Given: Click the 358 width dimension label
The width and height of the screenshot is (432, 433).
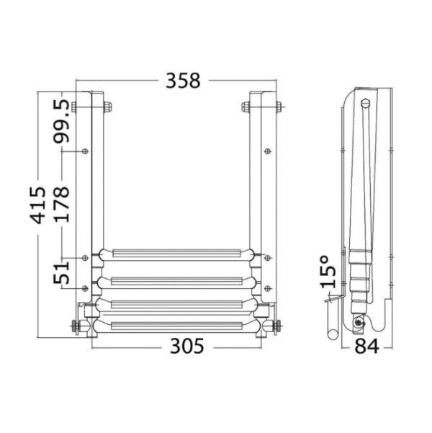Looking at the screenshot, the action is click(183, 81).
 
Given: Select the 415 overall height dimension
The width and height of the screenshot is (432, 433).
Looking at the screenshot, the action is click(38, 205).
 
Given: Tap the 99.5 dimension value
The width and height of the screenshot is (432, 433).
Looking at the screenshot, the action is click(61, 121).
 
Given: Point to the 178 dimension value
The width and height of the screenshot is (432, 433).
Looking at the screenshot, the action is click(61, 205).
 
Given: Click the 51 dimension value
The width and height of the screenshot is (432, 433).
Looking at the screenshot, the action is click(61, 273).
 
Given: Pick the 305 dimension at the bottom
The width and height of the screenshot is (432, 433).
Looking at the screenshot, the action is click(187, 346).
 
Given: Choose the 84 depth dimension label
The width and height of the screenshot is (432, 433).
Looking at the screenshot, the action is click(366, 347).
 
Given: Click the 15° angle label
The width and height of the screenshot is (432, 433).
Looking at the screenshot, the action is click(328, 272).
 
